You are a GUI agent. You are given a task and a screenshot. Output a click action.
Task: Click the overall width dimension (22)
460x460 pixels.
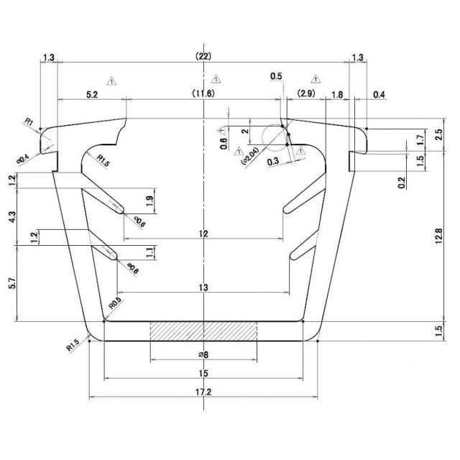coord(203,56)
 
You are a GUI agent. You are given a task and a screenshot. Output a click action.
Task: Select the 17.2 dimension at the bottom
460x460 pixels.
coord(203,393)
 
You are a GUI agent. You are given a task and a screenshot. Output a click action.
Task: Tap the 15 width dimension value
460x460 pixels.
coord(203,373)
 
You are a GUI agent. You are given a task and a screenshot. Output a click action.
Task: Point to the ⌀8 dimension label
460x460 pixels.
coord(203,354)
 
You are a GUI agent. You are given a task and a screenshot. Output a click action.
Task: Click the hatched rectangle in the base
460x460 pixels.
coord(203,331)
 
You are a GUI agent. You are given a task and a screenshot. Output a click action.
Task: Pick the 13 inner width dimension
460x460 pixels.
coord(203,287)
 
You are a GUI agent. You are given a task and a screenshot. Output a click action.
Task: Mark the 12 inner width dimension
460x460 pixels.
coord(203,234)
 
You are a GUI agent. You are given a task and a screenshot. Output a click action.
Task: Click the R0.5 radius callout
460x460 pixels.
coord(114,304)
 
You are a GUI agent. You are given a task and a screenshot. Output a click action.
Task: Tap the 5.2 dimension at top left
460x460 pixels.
coord(92,94)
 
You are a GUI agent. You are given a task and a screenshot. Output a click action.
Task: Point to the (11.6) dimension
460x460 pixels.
coord(203,94)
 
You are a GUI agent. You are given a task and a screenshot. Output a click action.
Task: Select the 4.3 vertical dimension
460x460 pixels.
coord(9,216)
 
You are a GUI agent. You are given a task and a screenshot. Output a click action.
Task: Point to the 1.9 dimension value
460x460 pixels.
coord(149,199)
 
